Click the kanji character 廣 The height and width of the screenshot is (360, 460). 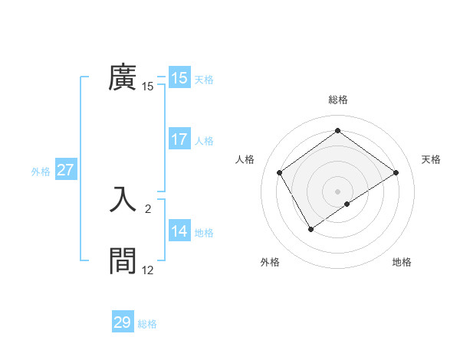coord(123,78)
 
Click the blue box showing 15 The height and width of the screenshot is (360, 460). coord(179,78)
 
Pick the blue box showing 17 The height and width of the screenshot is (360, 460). coord(179,139)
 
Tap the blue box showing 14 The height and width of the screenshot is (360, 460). coord(179,231)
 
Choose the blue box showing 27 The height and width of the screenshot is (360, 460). coord(66,170)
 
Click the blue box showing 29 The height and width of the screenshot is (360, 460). coord(122,322)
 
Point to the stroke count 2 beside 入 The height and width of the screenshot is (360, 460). coord(147,208)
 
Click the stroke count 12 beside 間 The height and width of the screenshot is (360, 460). coord(148,270)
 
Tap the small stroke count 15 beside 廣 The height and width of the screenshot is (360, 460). coord(148,87)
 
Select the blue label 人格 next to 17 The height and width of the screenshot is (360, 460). coord(204,141)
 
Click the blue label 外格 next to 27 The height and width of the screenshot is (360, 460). coord(41,172)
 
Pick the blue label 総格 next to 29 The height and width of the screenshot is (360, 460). coord(147,324)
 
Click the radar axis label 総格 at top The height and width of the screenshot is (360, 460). coord(337,100)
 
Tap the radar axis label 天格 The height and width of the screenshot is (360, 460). coord(431,159)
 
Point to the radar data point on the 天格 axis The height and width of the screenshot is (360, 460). coord(396,172)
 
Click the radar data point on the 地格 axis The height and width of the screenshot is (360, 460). coord(347,204)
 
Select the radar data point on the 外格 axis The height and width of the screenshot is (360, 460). coord(310,228)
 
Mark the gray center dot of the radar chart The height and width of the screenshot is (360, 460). coord(337,191)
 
